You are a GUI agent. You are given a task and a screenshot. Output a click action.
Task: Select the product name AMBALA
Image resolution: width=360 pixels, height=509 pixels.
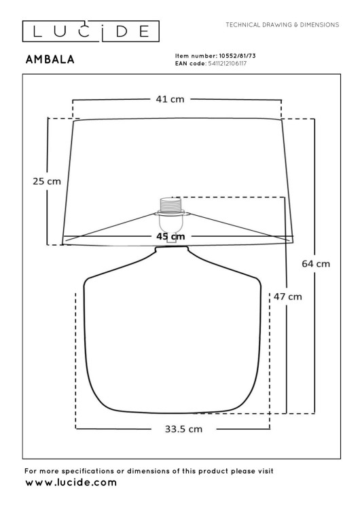[x=50, y=60]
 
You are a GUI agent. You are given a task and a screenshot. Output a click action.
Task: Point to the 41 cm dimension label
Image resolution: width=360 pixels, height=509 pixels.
[x=170, y=100]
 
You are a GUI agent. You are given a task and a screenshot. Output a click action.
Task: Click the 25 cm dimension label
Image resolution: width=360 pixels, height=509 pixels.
[x=47, y=181]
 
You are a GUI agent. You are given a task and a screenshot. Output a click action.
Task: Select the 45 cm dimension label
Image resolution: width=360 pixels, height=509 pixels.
[x=170, y=235]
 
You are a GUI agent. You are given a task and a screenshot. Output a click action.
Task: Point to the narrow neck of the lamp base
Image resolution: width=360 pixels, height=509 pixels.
[x=173, y=249]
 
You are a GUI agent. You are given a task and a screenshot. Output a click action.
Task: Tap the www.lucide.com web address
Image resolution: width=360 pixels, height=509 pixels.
[x=70, y=483]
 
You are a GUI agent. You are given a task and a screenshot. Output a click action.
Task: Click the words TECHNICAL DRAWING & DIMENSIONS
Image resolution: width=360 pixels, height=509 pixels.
[x=281, y=24]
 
